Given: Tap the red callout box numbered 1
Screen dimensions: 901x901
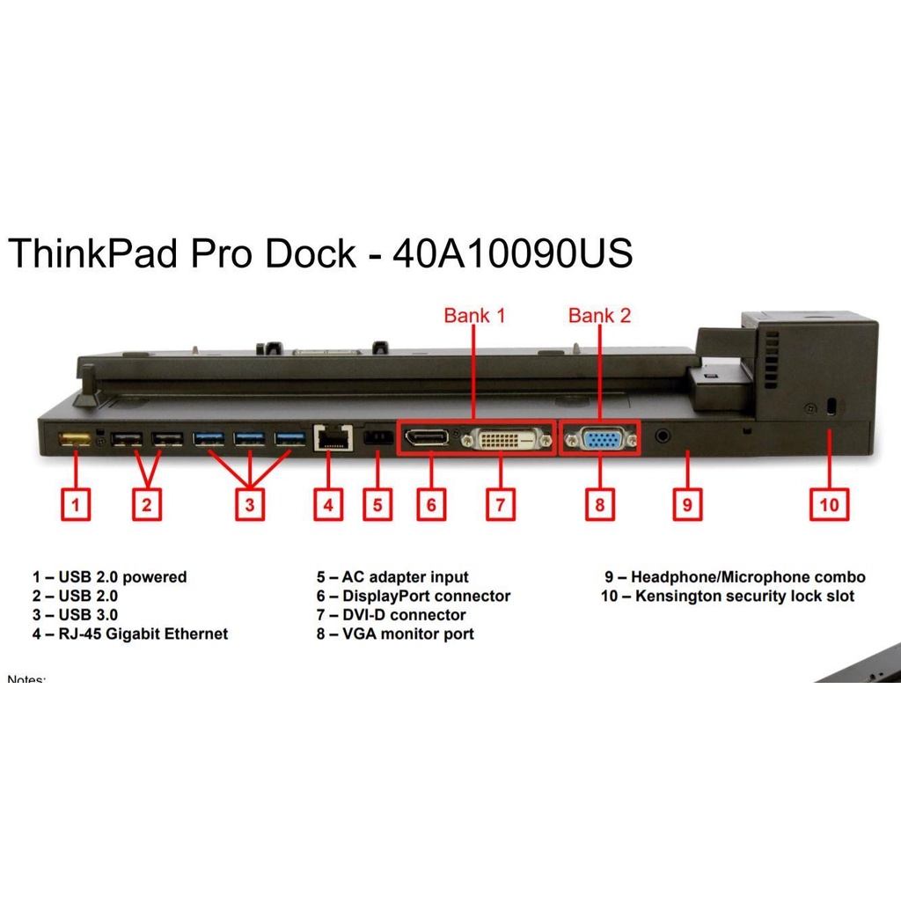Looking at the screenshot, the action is click(x=75, y=504).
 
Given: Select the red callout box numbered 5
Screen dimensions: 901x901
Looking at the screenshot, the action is click(x=377, y=504).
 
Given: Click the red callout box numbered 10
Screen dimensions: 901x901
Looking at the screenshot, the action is click(x=830, y=504).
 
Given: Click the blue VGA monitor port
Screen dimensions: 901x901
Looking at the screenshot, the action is click(x=600, y=437).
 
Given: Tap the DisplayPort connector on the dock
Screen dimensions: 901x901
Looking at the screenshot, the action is click(x=426, y=437).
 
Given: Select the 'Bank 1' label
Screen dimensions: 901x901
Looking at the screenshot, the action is click(x=474, y=315).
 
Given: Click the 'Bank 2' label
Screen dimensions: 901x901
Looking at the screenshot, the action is click(x=599, y=315).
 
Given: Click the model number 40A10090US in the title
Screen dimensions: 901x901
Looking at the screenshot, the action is click(x=512, y=254).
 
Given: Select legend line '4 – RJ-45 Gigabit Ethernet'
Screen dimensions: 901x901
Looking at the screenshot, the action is click(x=130, y=634).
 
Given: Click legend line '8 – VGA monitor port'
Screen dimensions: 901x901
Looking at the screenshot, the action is click(x=395, y=634).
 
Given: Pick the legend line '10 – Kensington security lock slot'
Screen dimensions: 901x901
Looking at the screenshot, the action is click(x=727, y=597).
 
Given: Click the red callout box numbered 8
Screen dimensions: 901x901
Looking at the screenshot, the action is click(x=599, y=504).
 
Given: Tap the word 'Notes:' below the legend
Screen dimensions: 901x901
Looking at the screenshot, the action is click(x=26, y=679).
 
